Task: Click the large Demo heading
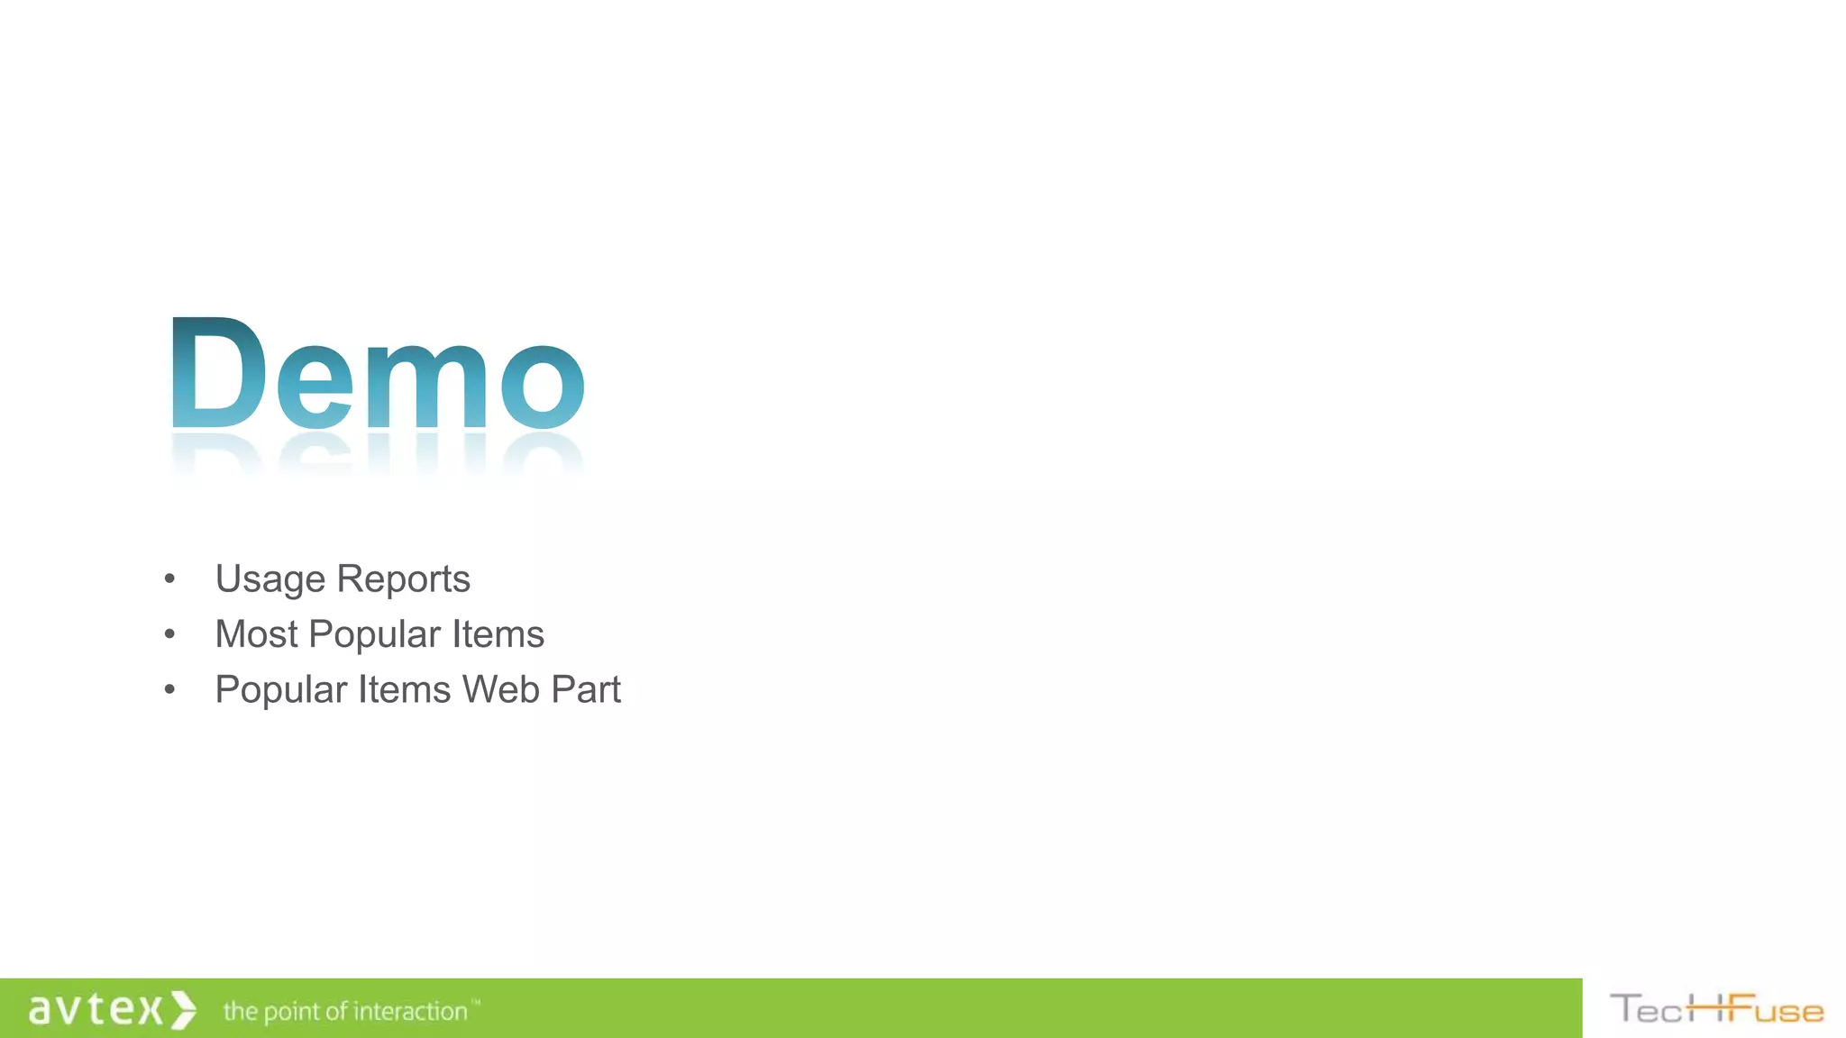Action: point(377,375)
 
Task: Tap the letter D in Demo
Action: point(216,373)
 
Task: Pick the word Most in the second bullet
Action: point(256,634)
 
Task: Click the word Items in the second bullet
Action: point(498,634)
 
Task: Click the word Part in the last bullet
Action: point(586,690)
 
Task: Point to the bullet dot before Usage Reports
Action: point(169,578)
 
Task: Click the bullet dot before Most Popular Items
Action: point(169,634)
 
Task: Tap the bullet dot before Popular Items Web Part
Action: point(169,690)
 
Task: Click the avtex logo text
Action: point(96,1009)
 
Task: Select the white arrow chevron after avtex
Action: point(184,1010)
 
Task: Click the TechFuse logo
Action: point(1716,1009)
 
